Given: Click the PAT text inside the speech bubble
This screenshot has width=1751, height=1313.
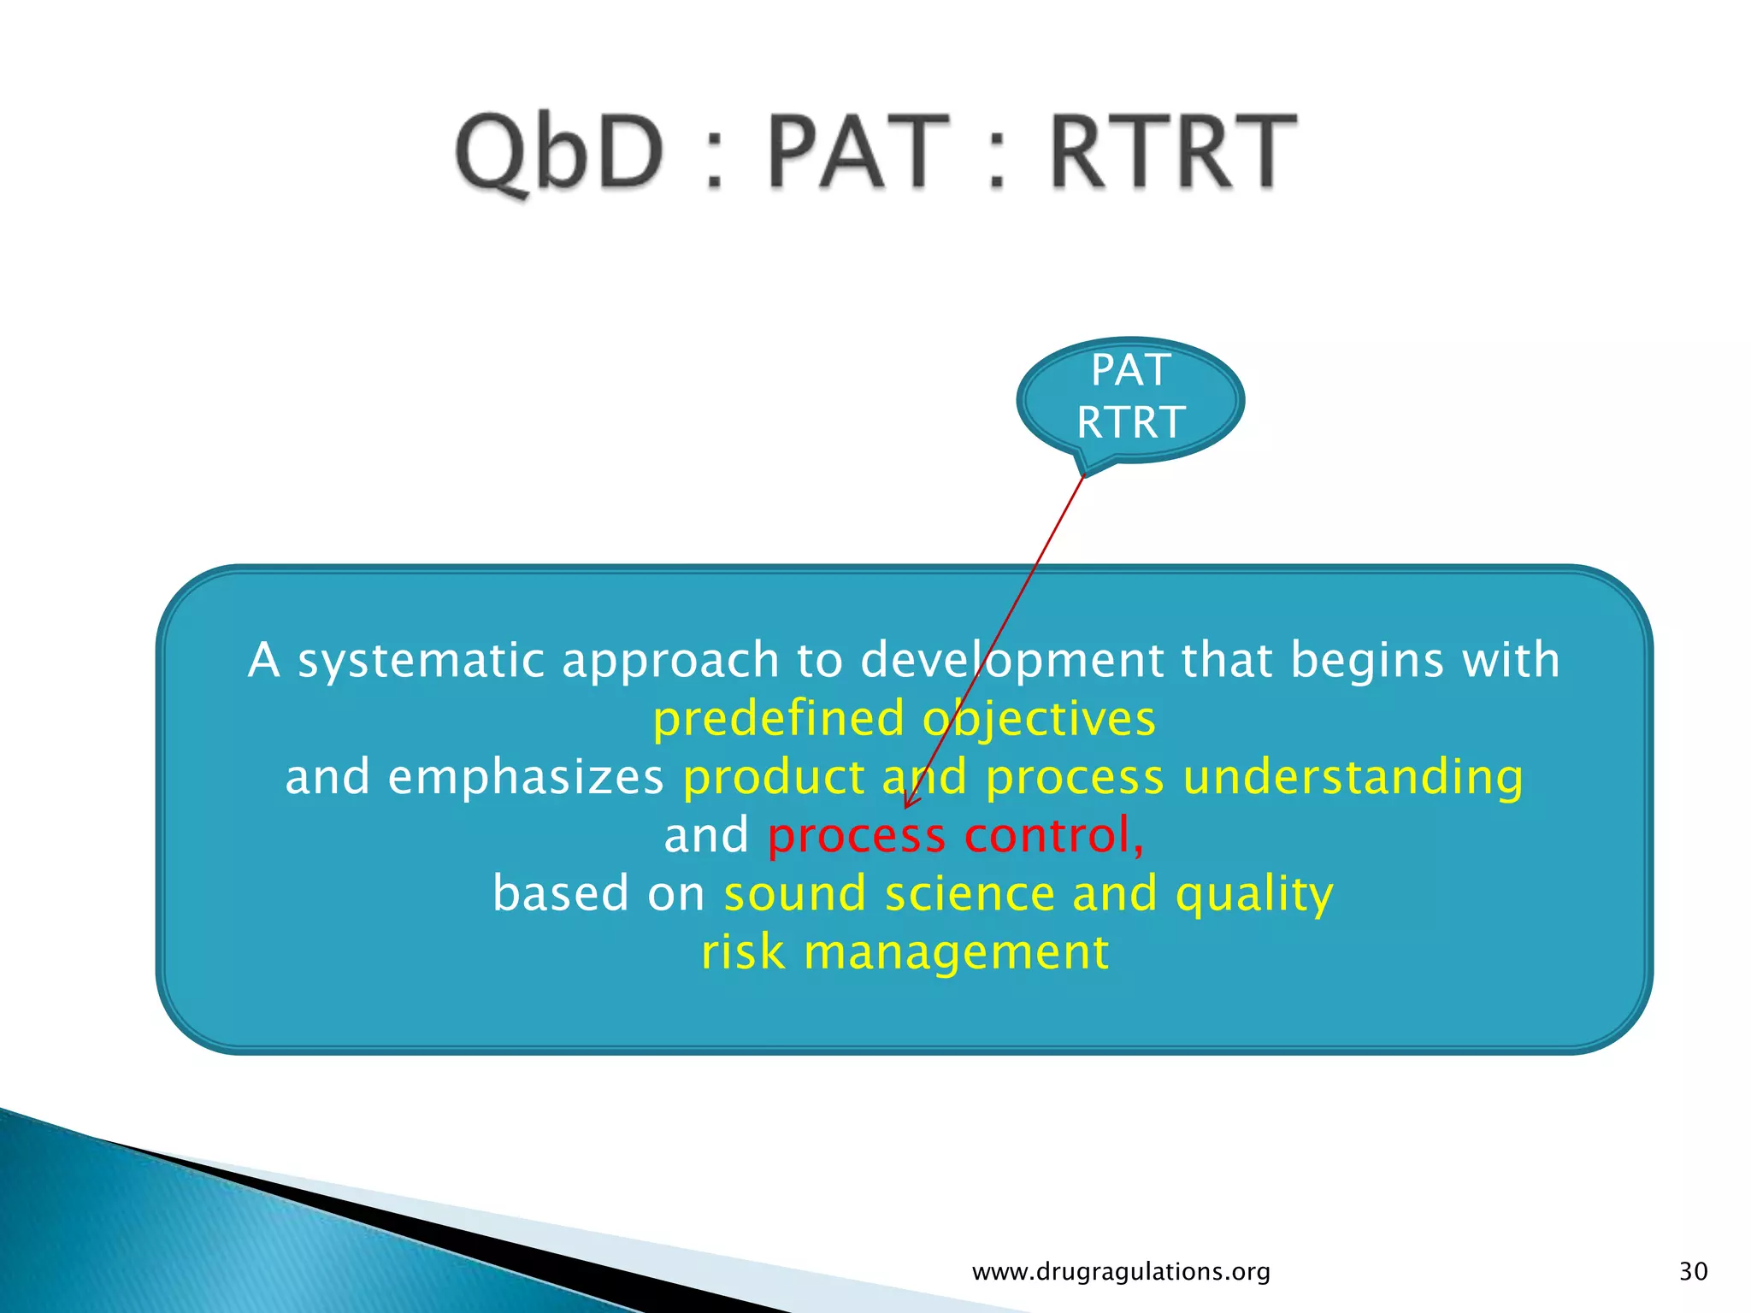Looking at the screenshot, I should [1130, 371].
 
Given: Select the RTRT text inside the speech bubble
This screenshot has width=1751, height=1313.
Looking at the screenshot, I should [1130, 422].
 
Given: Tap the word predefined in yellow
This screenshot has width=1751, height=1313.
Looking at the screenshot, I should [778, 718].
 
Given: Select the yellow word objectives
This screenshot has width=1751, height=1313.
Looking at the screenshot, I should [1039, 718].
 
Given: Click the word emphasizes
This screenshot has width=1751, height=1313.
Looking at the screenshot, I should [525, 777].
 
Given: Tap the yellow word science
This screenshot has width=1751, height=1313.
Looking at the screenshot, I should [970, 893].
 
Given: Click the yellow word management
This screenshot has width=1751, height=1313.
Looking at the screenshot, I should [956, 952].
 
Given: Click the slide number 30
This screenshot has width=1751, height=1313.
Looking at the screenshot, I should [1694, 1271].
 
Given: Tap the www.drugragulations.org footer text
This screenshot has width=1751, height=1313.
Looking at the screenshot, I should [1121, 1272].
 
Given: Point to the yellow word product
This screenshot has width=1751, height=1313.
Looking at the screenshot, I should [774, 777].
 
